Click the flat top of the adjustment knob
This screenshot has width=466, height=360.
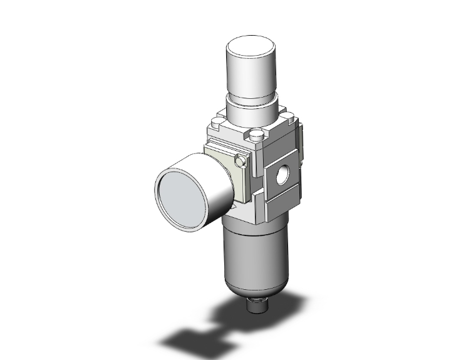(252, 48)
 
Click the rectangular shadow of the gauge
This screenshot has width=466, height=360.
(188, 342)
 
